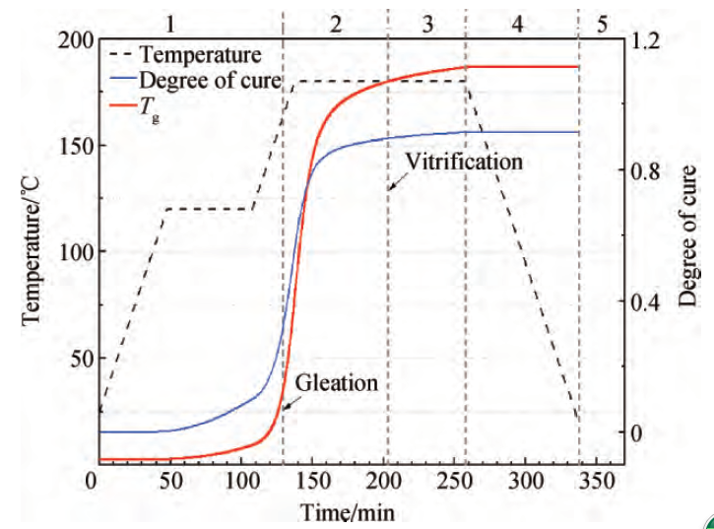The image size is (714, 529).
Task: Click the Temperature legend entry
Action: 201,51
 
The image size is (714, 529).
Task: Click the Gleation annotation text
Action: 337,382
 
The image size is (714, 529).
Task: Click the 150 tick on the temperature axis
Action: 78,146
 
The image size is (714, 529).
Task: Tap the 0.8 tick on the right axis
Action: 648,170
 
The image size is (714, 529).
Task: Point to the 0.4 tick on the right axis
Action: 648,301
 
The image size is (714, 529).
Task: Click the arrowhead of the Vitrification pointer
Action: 390,187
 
